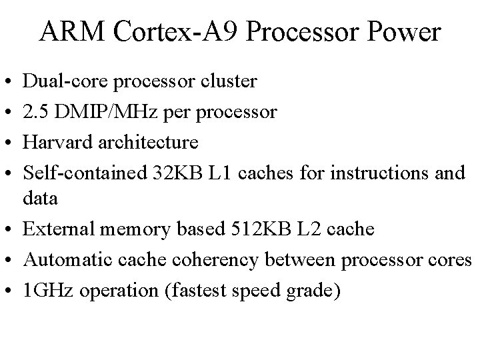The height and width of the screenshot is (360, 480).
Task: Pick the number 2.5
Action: (36, 112)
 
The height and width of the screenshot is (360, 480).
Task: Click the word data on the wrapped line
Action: (40, 199)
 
